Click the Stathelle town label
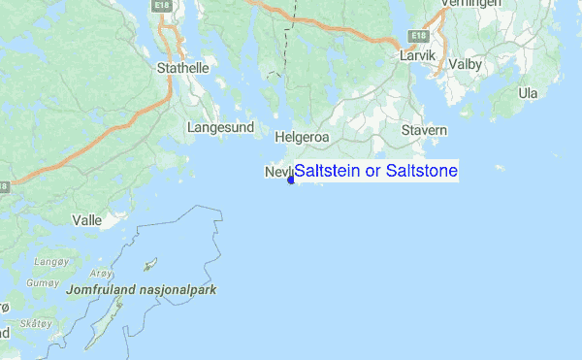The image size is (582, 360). click(178, 68)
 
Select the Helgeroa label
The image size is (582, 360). click(303, 138)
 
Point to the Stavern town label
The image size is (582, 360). click(425, 129)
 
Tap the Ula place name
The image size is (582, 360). click(528, 93)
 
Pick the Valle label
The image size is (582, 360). click(87, 220)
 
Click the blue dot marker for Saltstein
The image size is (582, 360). click(291, 179)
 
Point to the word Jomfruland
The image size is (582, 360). click(104, 289)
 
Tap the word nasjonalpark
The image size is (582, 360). click(184, 289)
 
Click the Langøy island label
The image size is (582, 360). click(49, 262)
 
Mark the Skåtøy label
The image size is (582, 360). click(37, 323)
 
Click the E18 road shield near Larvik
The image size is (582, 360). click(418, 36)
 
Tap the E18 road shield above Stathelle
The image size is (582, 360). click(162, 6)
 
